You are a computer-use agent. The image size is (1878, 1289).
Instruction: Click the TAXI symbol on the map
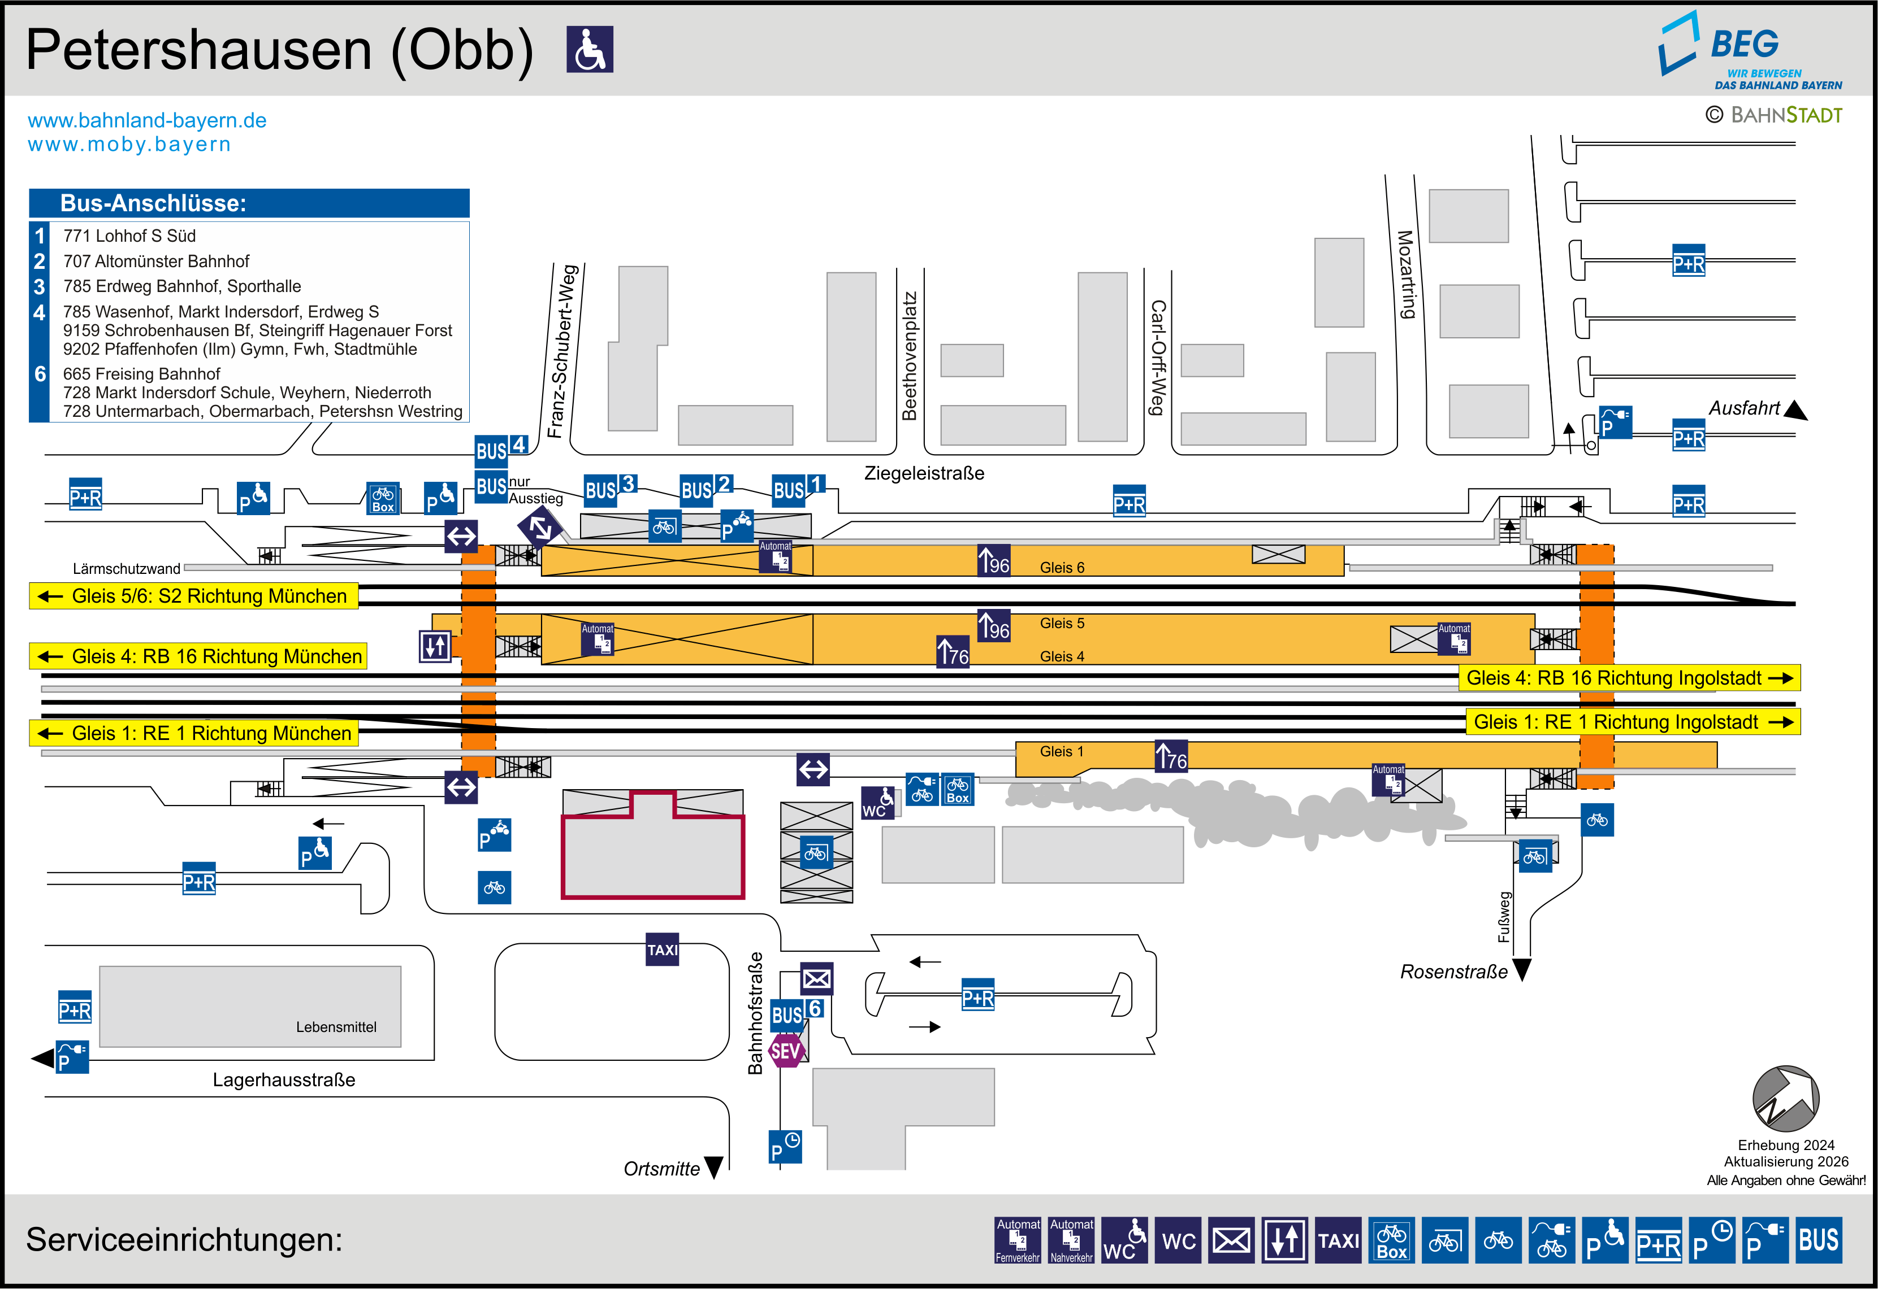[662, 950]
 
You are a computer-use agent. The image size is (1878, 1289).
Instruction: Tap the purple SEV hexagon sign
[785, 1051]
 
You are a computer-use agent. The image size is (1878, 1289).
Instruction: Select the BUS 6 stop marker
[796, 1013]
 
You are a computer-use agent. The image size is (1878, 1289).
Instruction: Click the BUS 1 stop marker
[798, 489]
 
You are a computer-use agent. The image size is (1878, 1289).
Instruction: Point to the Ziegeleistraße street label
[924, 473]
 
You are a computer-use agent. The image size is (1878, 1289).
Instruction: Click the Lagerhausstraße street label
[284, 1080]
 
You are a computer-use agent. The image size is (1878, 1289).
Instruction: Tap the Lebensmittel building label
[335, 1026]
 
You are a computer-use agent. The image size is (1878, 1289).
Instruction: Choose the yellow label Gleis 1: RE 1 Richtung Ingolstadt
[1632, 722]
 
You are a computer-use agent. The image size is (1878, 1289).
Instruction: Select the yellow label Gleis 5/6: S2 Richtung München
[194, 596]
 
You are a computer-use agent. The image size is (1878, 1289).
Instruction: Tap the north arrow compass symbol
[1785, 1099]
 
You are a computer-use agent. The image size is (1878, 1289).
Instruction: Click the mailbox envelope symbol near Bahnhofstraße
[816, 979]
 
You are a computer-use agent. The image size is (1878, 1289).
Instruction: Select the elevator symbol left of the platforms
[435, 646]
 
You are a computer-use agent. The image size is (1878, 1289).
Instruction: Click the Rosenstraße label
[1453, 972]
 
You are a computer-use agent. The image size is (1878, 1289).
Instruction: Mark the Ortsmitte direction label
[661, 1169]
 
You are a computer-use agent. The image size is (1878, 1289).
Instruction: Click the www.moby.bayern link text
[129, 145]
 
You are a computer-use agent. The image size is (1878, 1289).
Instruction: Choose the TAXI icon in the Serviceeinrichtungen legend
[1338, 1240]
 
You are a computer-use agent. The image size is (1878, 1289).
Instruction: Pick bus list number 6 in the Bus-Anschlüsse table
[40, 374]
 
